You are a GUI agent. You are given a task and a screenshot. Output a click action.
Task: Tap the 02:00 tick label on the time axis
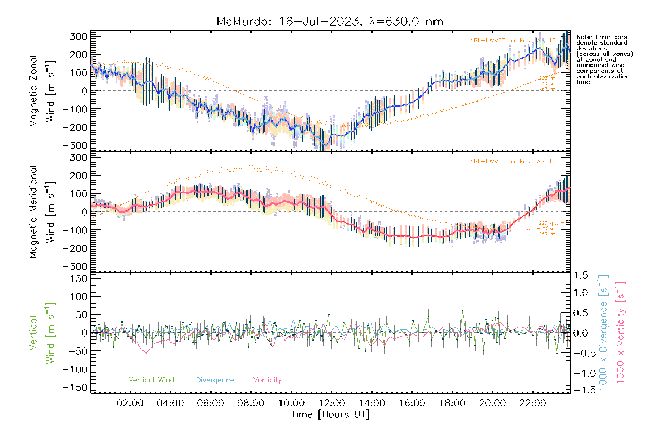(130, 403)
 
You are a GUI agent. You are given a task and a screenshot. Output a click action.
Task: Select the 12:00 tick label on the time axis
(331, 403)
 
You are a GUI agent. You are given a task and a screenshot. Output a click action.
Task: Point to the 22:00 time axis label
(532, 403)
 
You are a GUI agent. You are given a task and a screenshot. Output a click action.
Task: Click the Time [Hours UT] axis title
(330, 415)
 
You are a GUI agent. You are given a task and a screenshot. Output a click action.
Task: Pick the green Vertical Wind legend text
(151, 380)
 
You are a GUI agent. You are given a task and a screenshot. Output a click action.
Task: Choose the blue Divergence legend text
(215, 380)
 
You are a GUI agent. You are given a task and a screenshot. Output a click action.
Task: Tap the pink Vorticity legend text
(267, 380)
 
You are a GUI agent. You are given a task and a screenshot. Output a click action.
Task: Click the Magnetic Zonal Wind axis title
(42, 91)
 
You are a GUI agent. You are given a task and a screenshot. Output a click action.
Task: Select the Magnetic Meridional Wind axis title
(42, 212)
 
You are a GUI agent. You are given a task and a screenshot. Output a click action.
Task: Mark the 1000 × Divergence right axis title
(603, 332)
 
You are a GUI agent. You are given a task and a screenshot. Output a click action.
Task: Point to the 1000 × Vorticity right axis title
(621, 332)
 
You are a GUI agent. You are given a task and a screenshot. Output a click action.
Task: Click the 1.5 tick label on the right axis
(581, 275)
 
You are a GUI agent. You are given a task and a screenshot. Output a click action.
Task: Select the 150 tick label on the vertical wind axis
(79, 279)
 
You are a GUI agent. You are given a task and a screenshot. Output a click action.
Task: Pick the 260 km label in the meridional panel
(547, 234)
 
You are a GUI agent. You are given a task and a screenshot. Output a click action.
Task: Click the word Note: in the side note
(584, 37)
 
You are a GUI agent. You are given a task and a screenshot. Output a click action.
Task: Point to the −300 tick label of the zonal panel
(75, 145)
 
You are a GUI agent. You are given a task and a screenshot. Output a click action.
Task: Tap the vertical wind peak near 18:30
(463, 310)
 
